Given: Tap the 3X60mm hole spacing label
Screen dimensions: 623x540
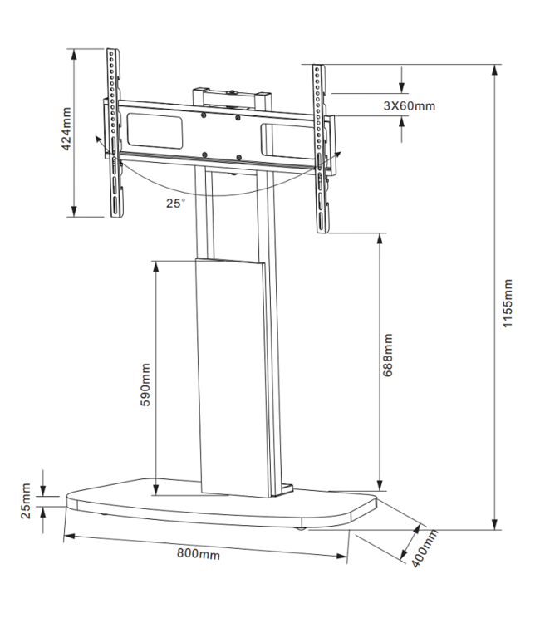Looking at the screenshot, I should [409, 105].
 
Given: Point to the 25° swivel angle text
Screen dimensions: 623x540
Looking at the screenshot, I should [175, 202].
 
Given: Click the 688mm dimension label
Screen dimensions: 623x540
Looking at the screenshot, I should [389, 356].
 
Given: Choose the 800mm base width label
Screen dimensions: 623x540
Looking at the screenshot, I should [199, 553].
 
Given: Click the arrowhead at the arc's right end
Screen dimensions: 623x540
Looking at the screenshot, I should [339, 155].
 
